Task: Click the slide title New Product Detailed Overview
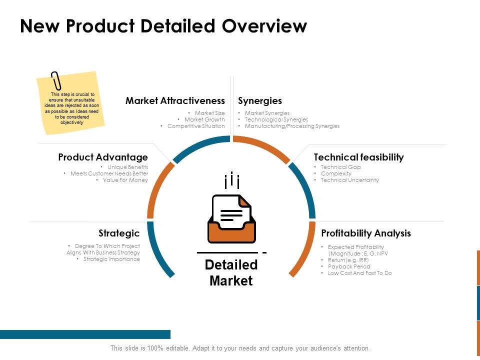coord(163,26)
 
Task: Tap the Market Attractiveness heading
coord(175,101)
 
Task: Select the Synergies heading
coord(260,101)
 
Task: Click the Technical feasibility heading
coord(358,157)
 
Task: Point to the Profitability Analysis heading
coord(366,233)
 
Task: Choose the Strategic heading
coord(119,233)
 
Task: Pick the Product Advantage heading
coord(103,157)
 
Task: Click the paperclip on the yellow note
coord(56,81)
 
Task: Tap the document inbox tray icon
coord(231,219)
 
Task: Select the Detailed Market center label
coord(231,272)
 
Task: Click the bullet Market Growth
coord(204,119)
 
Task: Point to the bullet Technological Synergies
coord(276,119)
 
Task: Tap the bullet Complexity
coord(336,173)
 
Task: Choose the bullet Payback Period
coord(349,266)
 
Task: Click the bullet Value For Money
coord(125,180)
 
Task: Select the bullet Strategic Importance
coord(111,259)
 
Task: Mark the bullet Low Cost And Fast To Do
coord(360,273)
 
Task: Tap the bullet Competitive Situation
coord(196,126)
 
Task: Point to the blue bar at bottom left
coord(85,334)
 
